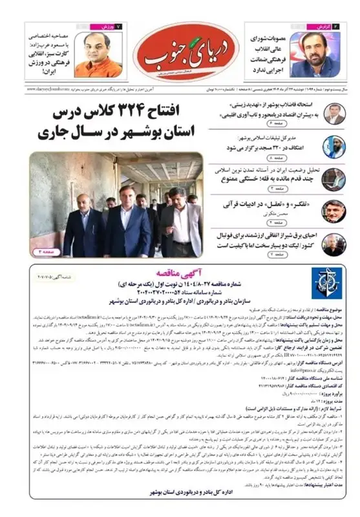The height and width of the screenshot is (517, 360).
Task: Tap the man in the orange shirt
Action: [x=99, y=55]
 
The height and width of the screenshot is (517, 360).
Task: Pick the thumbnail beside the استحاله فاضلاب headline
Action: [x=334, y=114]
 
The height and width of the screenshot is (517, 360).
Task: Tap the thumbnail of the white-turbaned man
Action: [x=334, y=147]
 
